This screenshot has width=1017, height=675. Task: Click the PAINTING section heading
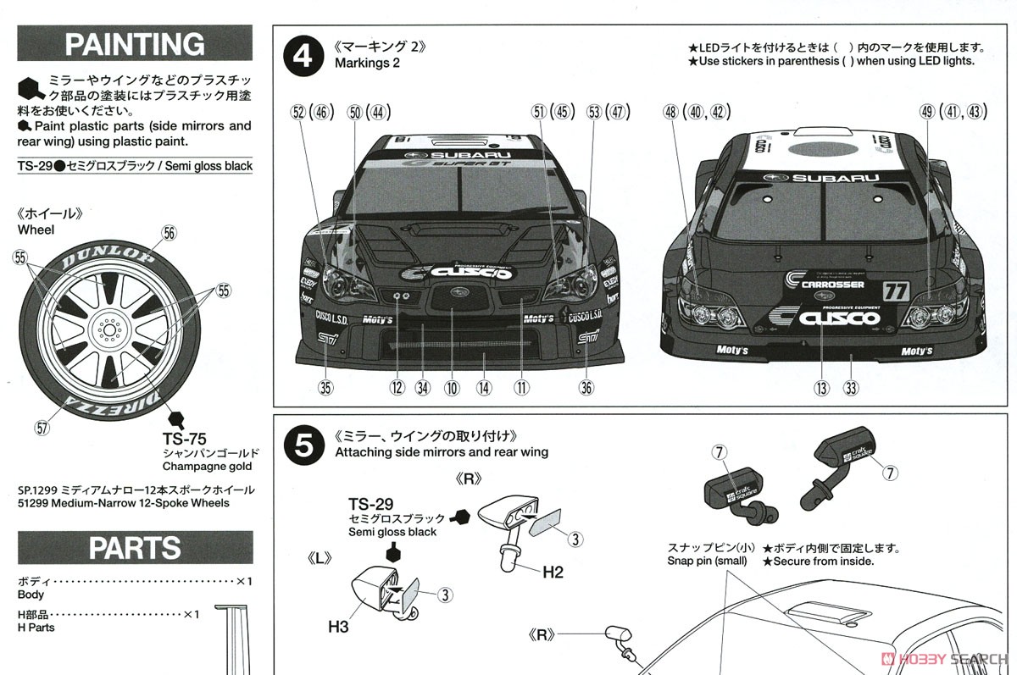pyautogui.click(x=135, y=43)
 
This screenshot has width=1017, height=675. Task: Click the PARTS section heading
pyautogui.click(x=135, y=547)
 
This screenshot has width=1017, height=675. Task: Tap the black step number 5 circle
pyautogui.click(x=303, y=444)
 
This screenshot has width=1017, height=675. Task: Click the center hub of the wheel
pyautogui.click(x=108, y=329)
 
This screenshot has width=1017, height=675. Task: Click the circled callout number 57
pyautogui.click(x=42, y=429)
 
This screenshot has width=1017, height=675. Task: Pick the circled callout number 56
pyautogui.click(x=169, y=233)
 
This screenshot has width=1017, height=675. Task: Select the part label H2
pyautogui.click(x=553, y=573)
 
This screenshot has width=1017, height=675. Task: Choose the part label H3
pyautogui.click(x=338, y=627)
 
